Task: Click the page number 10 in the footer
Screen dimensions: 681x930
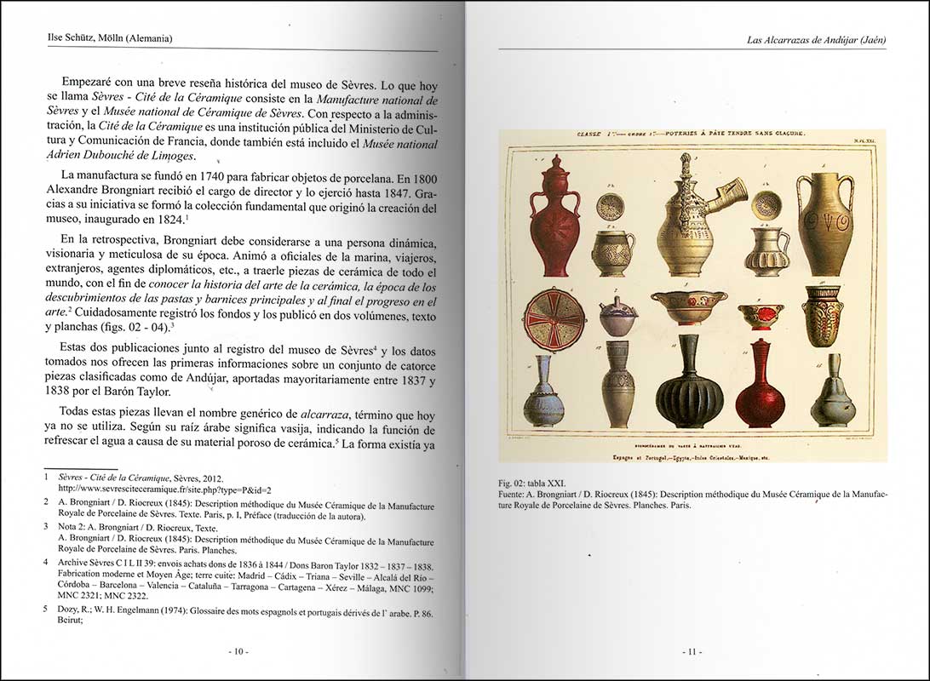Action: point(238,652)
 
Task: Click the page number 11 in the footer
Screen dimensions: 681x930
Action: point(691,652)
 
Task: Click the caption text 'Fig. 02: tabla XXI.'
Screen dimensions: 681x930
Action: point(531,482)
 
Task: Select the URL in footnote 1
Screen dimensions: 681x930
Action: point(164,489)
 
